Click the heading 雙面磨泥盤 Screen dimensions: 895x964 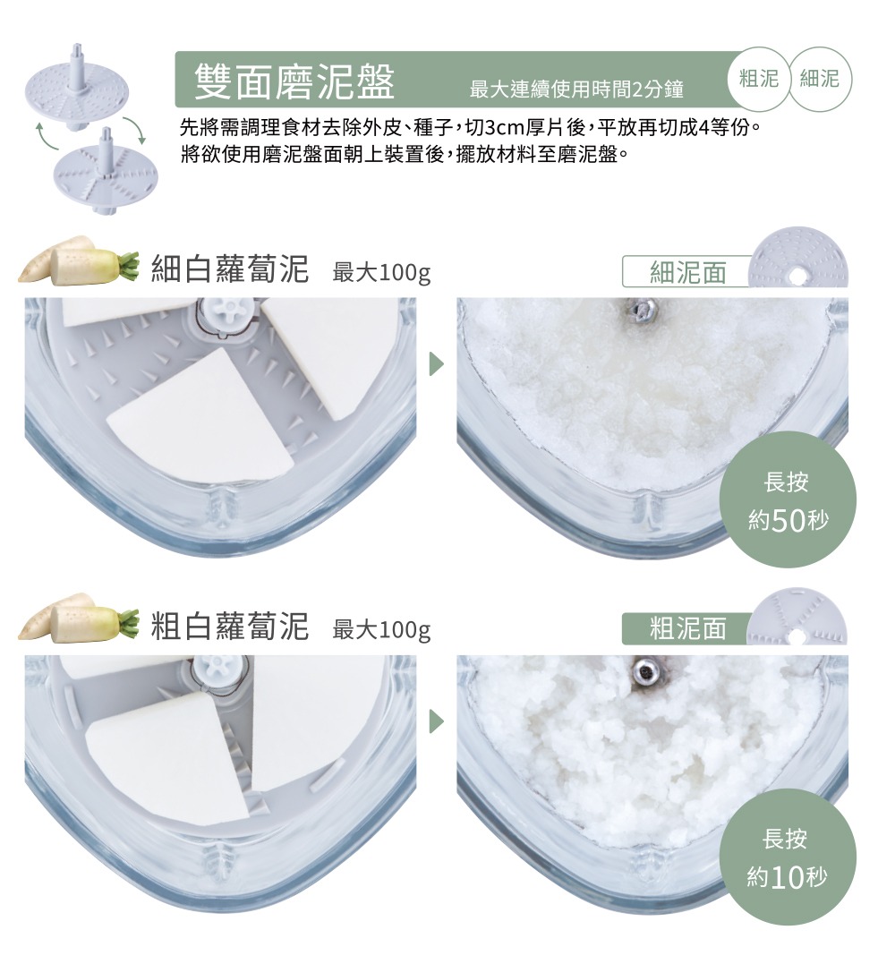[294, 81]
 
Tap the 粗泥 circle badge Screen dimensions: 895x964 [759, 79]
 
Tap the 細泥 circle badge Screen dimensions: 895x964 [820, 79]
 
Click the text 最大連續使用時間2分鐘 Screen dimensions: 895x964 [576, 90]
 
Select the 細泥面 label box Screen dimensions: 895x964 [687, 272]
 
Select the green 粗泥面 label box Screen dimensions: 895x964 [687, 628]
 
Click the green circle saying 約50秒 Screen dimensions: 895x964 [788, 499]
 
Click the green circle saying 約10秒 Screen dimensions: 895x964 [788, 857]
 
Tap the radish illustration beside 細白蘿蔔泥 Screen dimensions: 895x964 [79, 262]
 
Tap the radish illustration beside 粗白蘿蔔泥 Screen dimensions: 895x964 [79, 618]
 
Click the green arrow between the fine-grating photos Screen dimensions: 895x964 [436, 364]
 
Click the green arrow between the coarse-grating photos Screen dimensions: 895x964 [436, 721]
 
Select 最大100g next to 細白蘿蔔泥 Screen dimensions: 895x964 [381, 272]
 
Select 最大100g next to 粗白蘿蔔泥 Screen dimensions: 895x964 [381, 629]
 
